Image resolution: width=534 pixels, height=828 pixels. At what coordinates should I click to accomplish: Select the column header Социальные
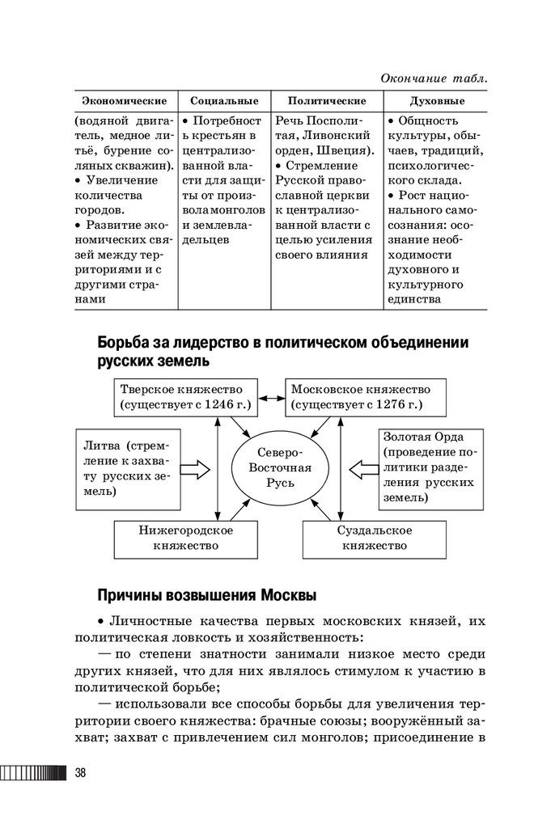[x=224, y=101]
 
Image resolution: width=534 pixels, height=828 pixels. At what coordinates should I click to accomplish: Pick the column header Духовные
[x=437, y=101]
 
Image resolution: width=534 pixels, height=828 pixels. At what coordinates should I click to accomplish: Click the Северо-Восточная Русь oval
[x=277, y=468]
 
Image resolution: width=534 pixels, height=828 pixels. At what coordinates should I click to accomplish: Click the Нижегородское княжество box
[x=185, y=538]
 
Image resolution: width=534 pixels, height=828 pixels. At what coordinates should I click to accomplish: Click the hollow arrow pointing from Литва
[x=194, y=468]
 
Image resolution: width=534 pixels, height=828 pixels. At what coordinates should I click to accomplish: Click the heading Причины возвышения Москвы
[x=206, y=595]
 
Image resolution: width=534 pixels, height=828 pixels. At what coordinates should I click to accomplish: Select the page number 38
[x=81, y=772]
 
